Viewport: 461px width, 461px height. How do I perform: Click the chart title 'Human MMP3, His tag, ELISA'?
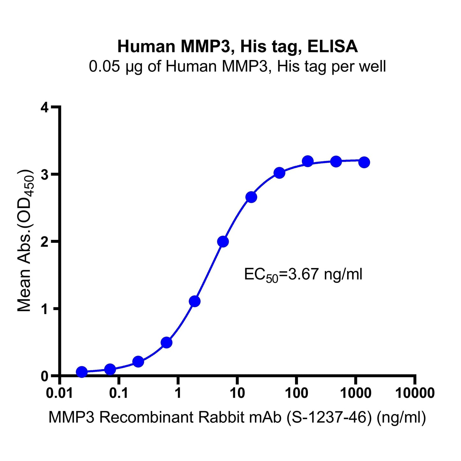pyautogui.click(x=237, y=47)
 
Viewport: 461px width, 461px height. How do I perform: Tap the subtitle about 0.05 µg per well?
pyautogui.click(x=237, y=67)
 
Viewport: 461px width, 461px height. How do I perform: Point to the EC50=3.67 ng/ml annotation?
pyautogui.click(x=303, y=274)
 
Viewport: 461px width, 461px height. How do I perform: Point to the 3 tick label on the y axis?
pyautogui.click(x=45, y=175)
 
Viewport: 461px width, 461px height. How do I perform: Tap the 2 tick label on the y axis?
pyautogui.click(x=45, y=242)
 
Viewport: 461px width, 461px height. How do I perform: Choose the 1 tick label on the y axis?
pyautogui.click(x=45, y=309)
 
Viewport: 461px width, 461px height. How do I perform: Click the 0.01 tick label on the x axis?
pyautogui.click(x=59, y=393)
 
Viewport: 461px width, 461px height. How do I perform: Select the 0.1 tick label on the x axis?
pyautogui.click(x=119, y=393)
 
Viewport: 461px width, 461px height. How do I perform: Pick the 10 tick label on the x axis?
pyautogui.click(x=237, y=393)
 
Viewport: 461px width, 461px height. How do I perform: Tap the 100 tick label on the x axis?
pyautogui.click(x=296, y=393)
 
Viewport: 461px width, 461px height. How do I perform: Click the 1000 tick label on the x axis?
pyautogui.click(x=355, y=393)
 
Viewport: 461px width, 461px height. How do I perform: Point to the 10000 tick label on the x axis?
pyautogui.click(x=415, y=393)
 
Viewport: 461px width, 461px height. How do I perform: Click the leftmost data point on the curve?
pyautogui.click(x=82, y=372)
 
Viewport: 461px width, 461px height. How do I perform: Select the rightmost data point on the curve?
pyautogui.click(x=364, y=162)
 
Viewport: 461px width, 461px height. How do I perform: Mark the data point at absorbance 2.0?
pyautogui.click(x=223, y=242)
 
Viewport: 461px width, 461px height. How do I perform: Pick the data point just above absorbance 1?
pyautogui.click(x=195, y=301)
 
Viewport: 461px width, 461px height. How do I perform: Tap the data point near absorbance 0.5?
pyautogui.click(x=167, y=343)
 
